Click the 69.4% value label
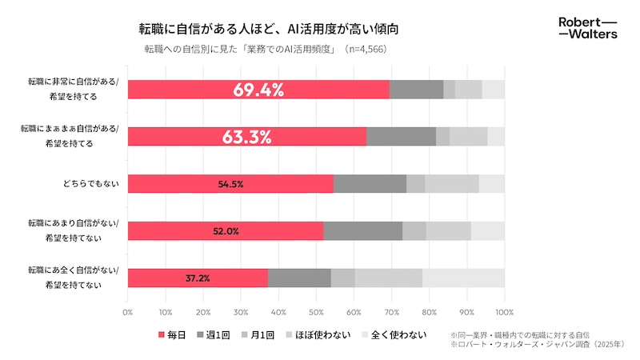[x=258, y=90]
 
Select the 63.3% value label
[x=247, y=137]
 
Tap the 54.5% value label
[x=230, y=184]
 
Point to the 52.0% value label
[x=225, y=231]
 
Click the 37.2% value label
[x=198, y=278]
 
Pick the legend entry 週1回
[x=228, y=334]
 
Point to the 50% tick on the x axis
[x=316, y=311]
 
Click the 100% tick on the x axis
[x=504, y=311]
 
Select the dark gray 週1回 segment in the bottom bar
[x=299, y=278]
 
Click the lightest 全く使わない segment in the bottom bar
[x=463, y=278]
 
